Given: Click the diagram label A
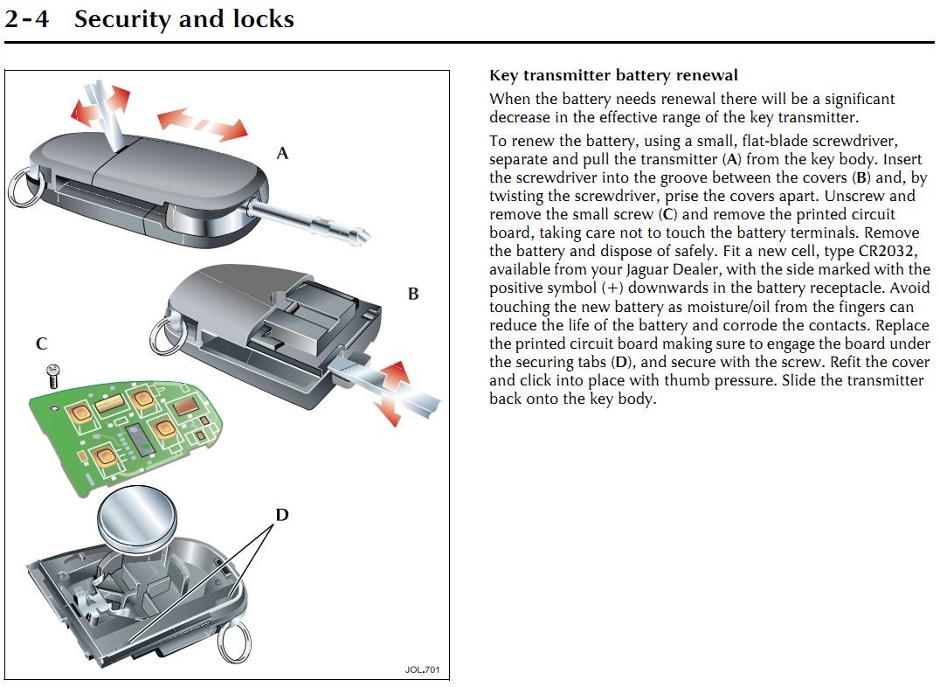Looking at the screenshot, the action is [282, 154].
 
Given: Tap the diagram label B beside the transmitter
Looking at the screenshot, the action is [413, 294].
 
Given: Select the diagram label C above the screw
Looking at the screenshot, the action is [41, 343].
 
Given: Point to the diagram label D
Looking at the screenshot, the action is [282, 515].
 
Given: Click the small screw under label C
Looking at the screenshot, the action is [52, 376].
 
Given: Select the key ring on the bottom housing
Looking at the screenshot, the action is [234, 642].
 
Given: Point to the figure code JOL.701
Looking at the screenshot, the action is [422, 670].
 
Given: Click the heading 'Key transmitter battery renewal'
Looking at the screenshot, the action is [613, 75].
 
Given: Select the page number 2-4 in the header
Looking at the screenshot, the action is [26, 19].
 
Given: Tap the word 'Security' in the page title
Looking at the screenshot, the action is [122, 20].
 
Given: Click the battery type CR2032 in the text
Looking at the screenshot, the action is [888, 251].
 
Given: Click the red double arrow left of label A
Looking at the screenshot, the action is [203, 124].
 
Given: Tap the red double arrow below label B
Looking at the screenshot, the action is [392, 393].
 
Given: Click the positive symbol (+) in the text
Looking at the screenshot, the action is [612, 288].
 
